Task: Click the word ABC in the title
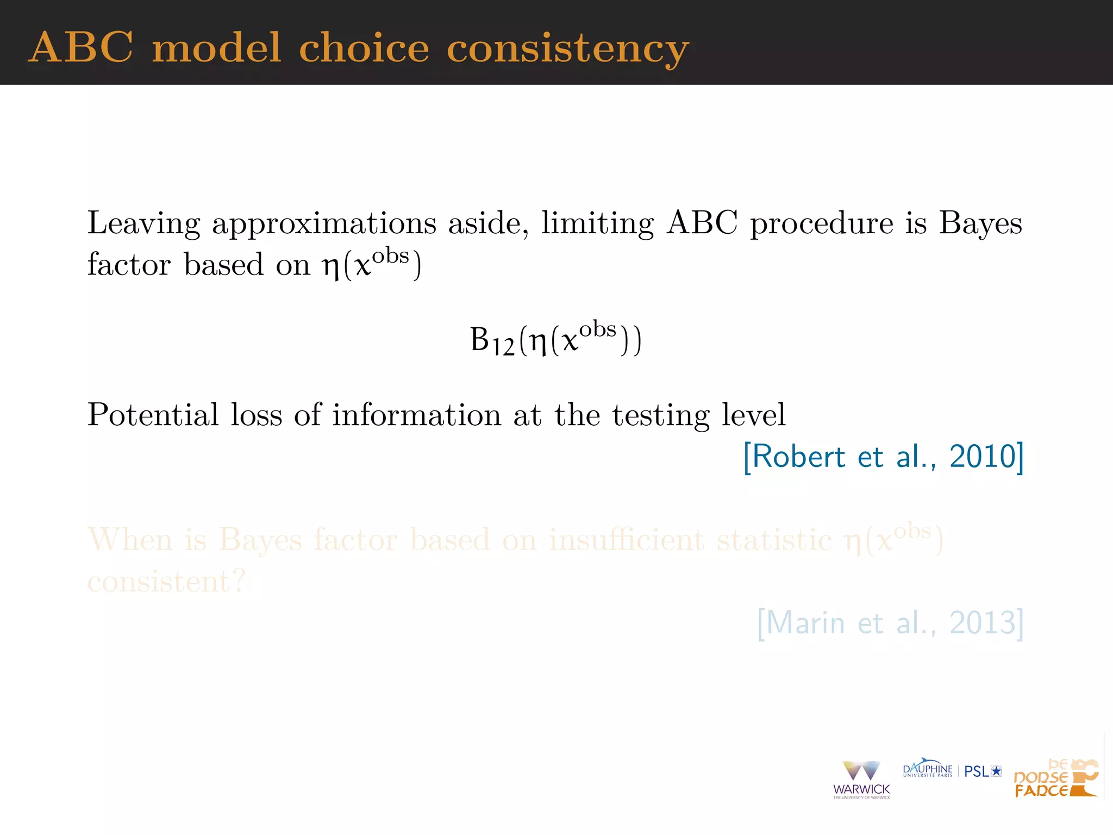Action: coord(80,48)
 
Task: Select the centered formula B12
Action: coord(555,340)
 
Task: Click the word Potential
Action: coord(153,415)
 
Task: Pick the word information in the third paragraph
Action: coord(417,415)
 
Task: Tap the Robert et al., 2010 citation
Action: coord(883,457)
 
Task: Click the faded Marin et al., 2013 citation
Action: coord(890,623)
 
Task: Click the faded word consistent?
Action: coord(166,582)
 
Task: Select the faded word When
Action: coord(130,540)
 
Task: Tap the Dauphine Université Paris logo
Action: coord(927,769)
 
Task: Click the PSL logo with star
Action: coord(983,771)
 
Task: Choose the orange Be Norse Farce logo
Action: coord(1056,778)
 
